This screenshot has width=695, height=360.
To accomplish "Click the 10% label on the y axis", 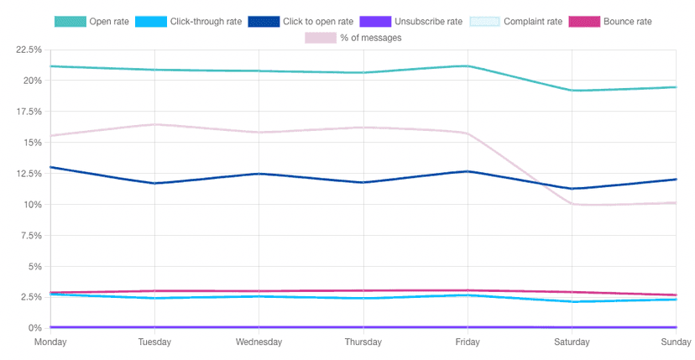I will pyautogui.click(x=32, y=205).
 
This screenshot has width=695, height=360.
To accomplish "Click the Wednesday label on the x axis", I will pyautogui.click(x=259, y=342).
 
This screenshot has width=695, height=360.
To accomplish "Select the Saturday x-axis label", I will pyautogui.click(x=572, y=342).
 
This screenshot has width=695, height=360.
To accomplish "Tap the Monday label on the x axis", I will pyautogui.click(x=50, y=342).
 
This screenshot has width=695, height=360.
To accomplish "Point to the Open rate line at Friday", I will pyautogui.click(x=468, y=65).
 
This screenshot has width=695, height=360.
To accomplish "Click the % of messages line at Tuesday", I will pyautogui.click(x=154, y=124).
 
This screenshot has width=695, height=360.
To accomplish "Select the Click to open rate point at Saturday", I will pyautogui.click(x=572, y=189).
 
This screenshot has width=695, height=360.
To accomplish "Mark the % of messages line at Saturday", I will pyautogui.click(x=572, y=204).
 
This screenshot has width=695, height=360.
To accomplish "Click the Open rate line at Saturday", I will pyautogui.click(x=572, y=91).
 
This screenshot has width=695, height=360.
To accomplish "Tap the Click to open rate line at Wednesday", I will pyautogui.click(x=259, y=174).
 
